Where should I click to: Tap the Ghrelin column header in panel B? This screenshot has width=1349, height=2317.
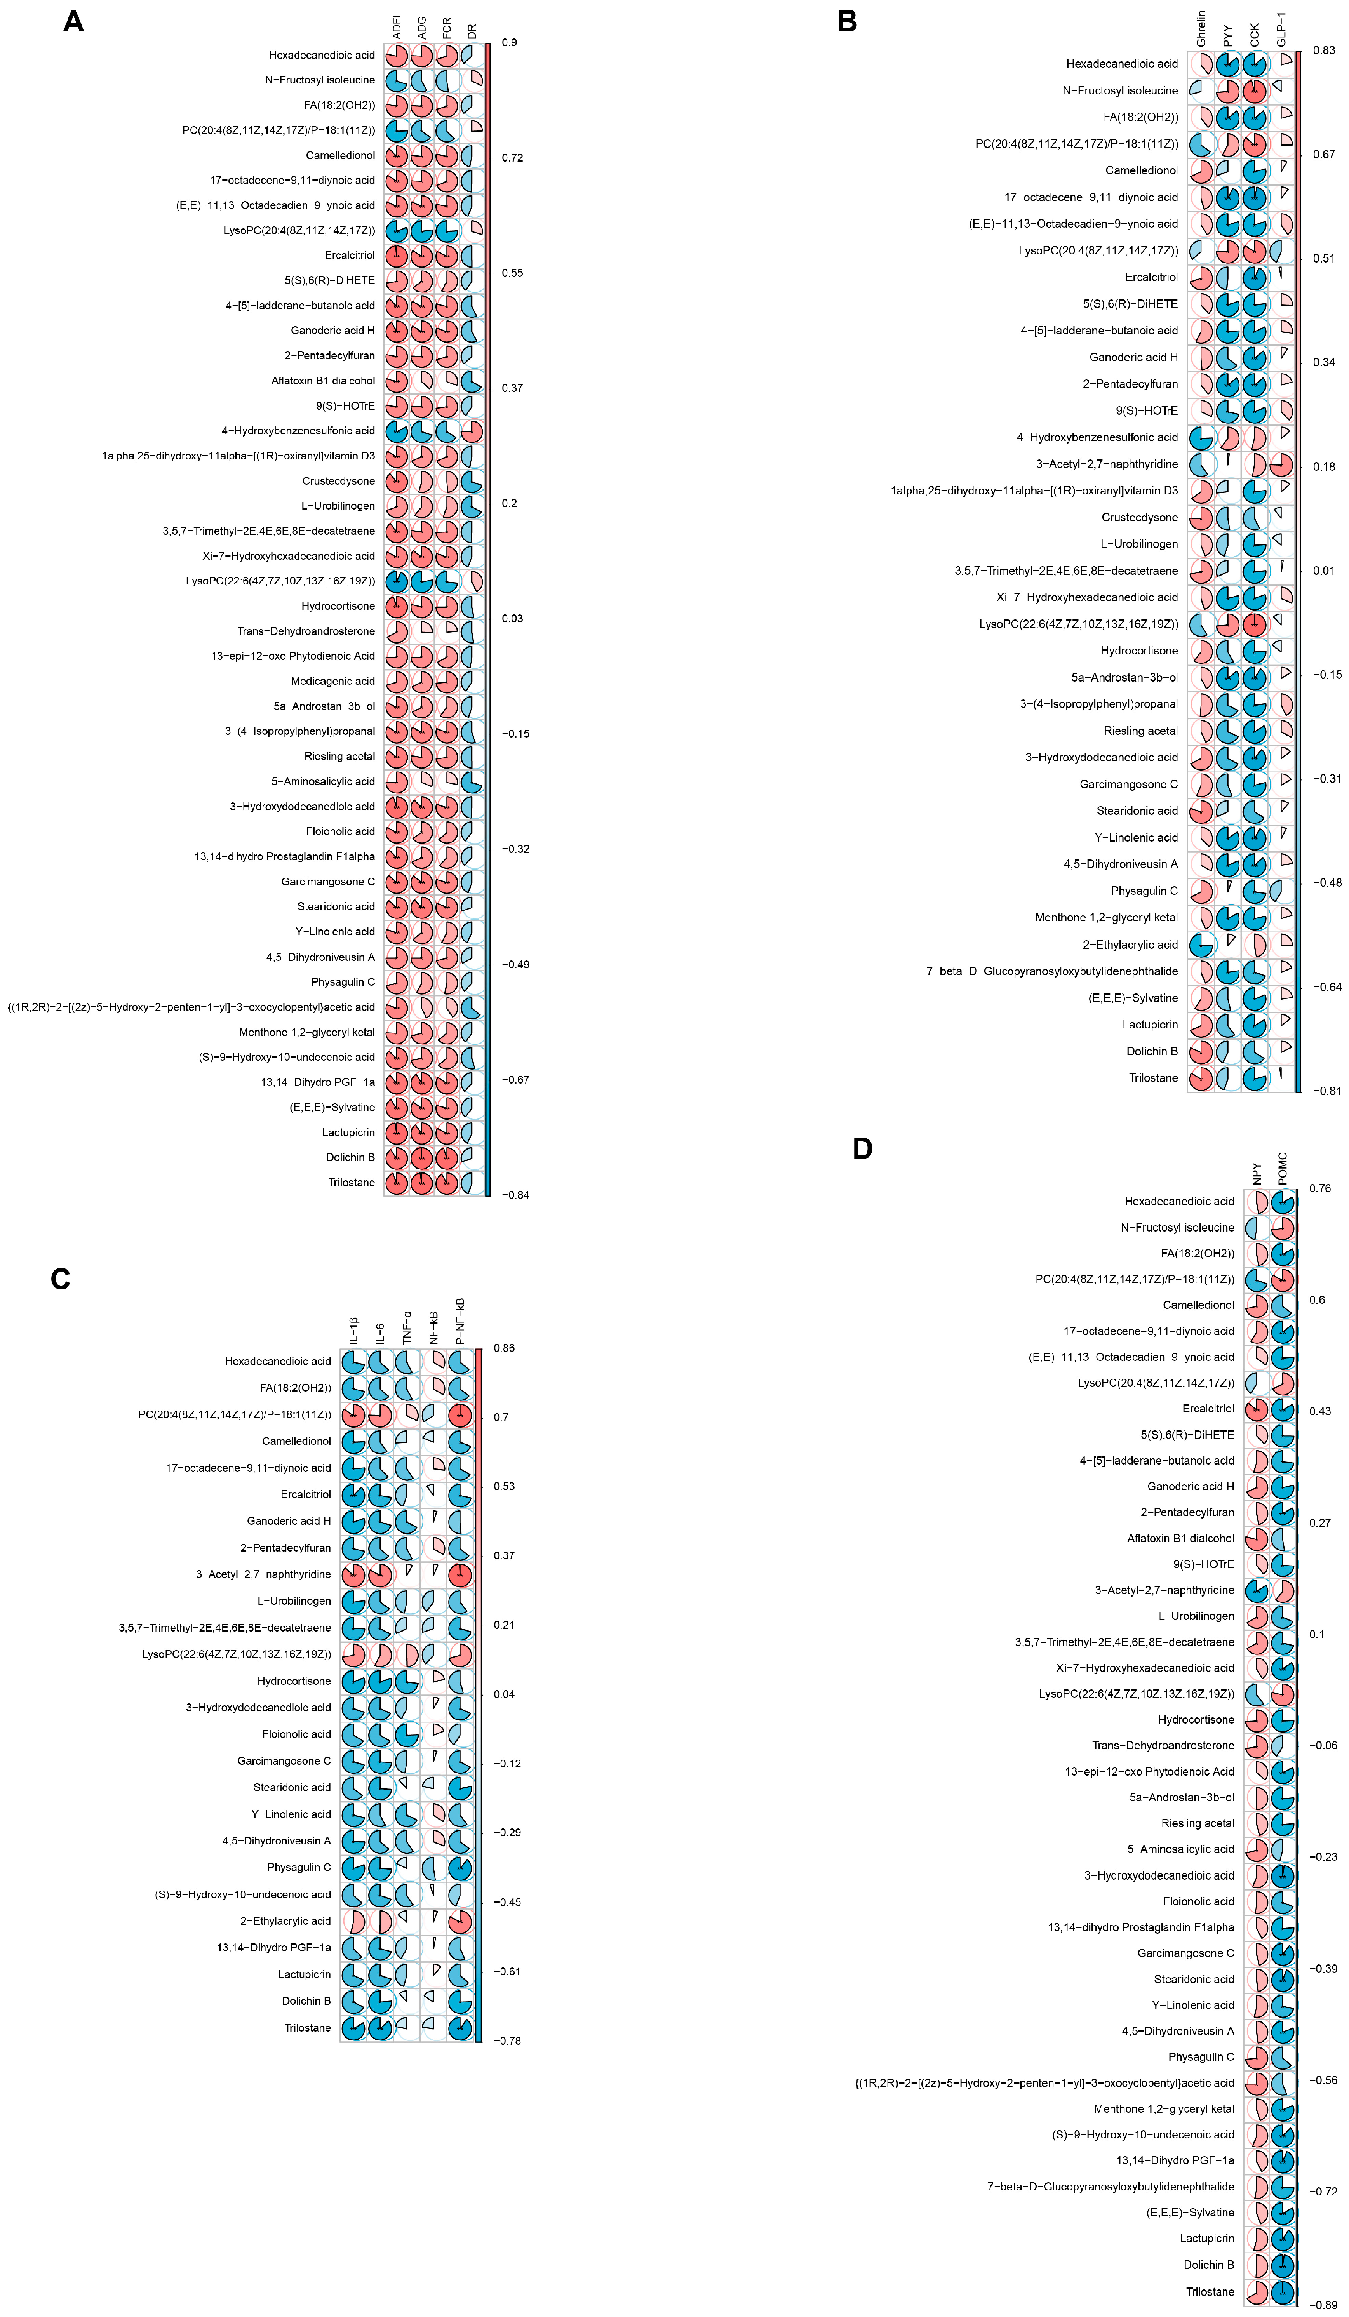[x=1201, y=30]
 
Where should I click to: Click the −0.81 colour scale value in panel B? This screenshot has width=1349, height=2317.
[x=1325, y=1091]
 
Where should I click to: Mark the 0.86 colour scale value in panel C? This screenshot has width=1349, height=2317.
[x=504, y=1348]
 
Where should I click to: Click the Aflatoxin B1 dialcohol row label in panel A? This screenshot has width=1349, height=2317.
[x=323, y=381]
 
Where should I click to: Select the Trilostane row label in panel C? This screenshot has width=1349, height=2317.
[x=307, y=2027]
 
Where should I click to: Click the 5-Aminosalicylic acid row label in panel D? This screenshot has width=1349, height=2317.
[x=1181, y=1848]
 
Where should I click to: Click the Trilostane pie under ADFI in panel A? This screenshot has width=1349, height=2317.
[x=396, y=1183]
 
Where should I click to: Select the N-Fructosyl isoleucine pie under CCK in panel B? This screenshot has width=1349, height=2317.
[x=1254, y=90]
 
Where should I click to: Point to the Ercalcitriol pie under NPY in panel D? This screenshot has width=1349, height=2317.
[x=1257, y=1409]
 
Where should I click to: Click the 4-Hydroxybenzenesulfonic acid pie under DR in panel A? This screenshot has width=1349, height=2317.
[x=472, y=430]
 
